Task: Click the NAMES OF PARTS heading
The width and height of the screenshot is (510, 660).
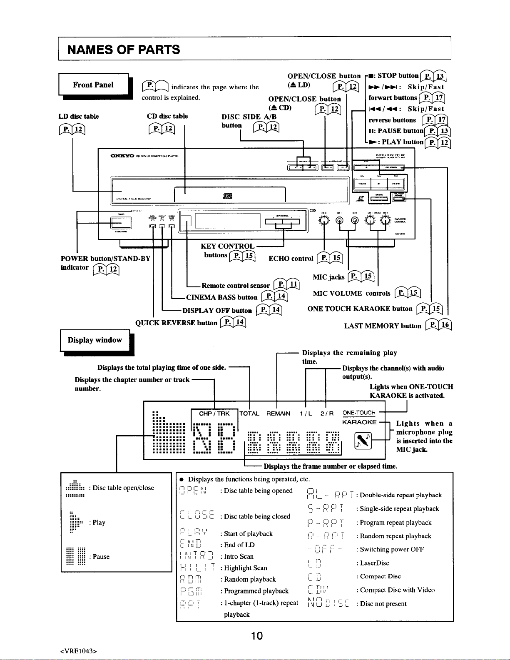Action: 124,50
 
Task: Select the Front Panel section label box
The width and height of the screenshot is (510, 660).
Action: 93,85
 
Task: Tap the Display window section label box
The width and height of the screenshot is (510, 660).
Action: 95,340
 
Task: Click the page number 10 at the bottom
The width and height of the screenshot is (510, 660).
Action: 257,635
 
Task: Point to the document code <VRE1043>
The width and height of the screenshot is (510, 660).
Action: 79,652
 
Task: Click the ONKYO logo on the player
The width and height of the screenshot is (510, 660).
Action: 121,156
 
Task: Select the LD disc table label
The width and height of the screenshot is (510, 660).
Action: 79,117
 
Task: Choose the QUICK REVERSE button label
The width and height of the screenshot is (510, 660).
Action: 177,323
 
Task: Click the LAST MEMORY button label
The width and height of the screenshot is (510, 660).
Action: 383,326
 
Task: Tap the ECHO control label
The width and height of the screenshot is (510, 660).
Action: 291,259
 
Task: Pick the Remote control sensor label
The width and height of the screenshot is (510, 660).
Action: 236,286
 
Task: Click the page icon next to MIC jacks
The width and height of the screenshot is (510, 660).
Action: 361,276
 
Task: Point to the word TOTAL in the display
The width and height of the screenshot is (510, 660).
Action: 249,413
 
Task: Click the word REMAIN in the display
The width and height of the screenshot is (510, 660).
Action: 278,413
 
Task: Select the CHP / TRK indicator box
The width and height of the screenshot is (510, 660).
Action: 214,413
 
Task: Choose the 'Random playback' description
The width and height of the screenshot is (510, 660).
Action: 250,579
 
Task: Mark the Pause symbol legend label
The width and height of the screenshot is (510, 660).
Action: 101,557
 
